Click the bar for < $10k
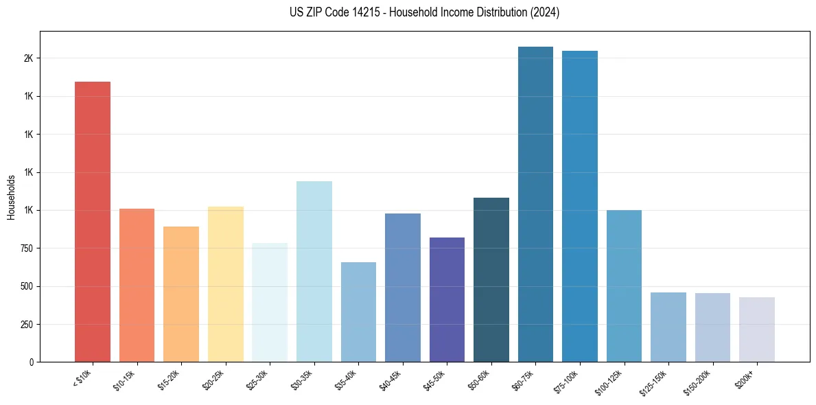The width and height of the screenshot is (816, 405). pos(93,222)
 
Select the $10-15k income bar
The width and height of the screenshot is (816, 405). pos(137,285)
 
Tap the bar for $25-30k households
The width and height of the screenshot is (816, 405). pos(270,302)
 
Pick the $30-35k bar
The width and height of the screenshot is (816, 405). pos(314,271)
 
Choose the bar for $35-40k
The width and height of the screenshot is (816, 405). pos(358,312)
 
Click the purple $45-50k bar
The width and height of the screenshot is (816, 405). pos(447,299)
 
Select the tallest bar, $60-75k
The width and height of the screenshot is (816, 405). pos(535,204)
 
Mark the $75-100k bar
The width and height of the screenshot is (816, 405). pos(580,206)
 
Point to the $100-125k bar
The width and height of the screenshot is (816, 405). pos(624,286)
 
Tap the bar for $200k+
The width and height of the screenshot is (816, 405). pos(756,329)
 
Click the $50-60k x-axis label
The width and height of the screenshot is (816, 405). pos(480,378)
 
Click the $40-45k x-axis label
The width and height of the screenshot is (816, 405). pos(391,378)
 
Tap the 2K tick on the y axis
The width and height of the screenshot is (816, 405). pos(29,58)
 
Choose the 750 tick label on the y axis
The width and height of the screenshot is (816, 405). pos(27,248)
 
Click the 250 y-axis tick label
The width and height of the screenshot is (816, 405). pos(27,324)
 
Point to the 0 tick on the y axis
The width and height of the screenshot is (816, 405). pos(32,362)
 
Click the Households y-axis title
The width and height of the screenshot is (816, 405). pos(12,197)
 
